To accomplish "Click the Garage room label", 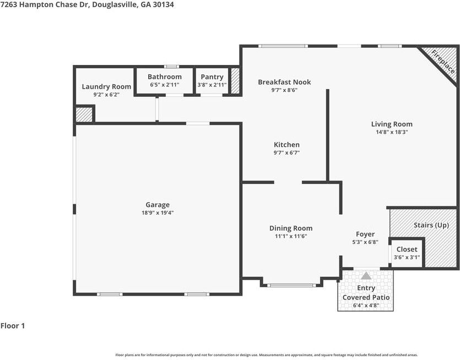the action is [158, 205].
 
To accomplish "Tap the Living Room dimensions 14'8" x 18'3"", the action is [392, 132].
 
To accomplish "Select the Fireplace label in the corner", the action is [443, 62].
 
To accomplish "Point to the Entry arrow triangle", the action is [366, 276].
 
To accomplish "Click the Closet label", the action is [407, 249].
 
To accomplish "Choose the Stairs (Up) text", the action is [431, 225].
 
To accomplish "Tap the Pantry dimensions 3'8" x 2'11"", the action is [212, 85].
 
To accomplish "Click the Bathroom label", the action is [165, 77].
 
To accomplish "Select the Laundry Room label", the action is [106, 86].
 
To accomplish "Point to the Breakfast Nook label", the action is [284, 82].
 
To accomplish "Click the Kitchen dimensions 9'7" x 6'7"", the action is [286, 152].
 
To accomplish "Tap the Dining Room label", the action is [291, 228].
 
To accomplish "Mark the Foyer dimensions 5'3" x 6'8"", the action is [365, 242].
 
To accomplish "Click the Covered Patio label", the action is [366, 297].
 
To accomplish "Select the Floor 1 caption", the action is [13, 326].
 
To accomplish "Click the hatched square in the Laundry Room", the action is [84, 114].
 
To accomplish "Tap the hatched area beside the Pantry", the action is [235, 81].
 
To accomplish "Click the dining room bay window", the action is [291, 285].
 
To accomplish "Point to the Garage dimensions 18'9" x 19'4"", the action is [158, 212].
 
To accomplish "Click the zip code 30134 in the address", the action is [163, 5].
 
